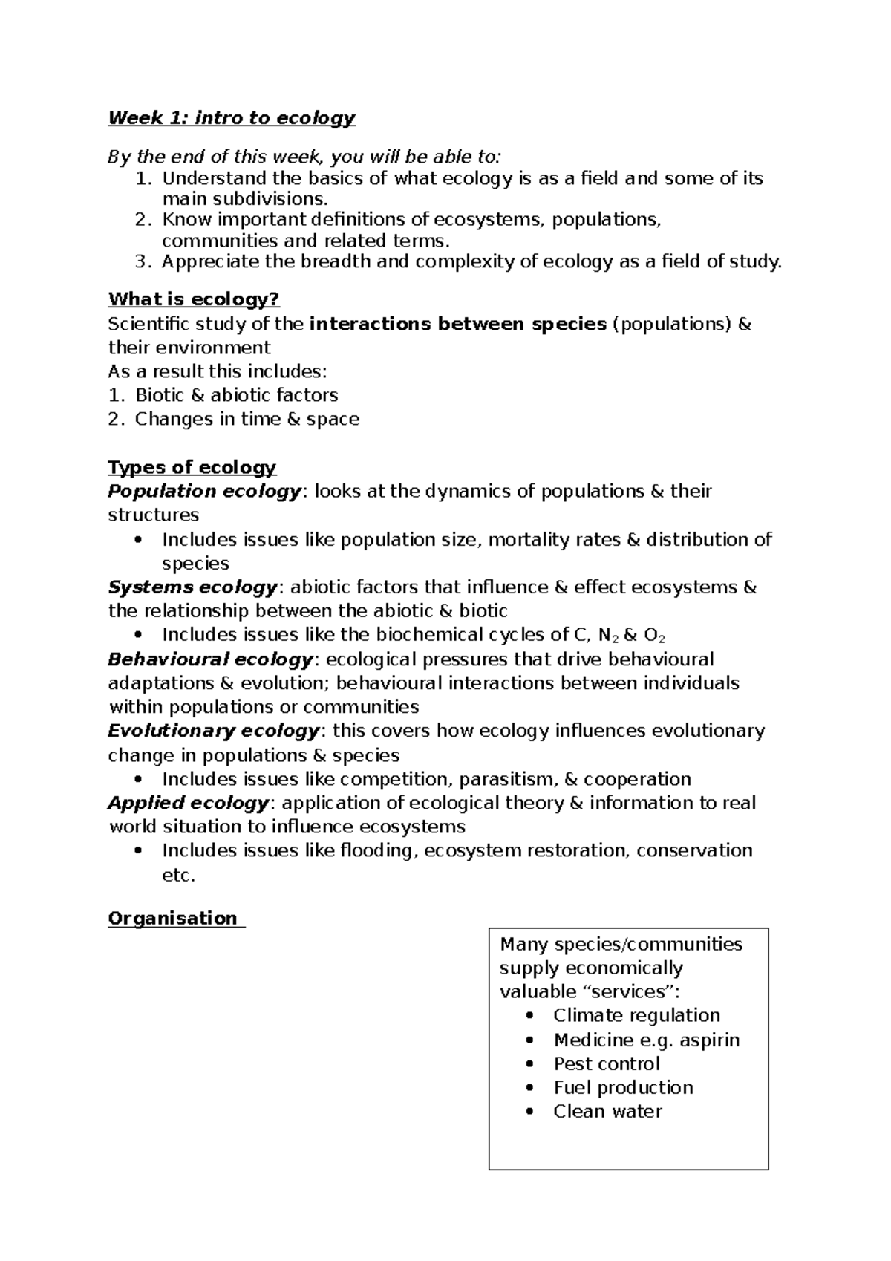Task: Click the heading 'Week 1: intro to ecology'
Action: click(232, 118)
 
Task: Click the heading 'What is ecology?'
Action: click(194, 299)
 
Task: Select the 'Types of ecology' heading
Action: click(192, 467)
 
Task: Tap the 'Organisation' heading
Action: click(173, 918)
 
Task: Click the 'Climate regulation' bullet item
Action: click(636, 1015)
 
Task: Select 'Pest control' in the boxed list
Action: click(606, 1063)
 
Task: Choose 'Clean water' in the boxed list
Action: click(607, 1111)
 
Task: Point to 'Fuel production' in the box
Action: click(623, 1087)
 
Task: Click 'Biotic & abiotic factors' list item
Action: click(236, 395)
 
